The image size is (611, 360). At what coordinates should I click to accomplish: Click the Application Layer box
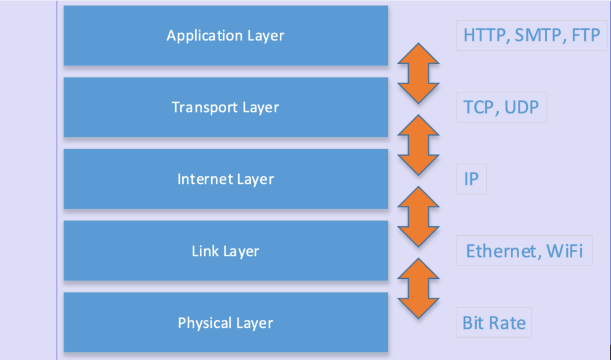[x=226, y=35]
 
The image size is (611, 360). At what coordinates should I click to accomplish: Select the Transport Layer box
[x=226, y=107]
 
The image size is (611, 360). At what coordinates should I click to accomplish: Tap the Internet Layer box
[x=226, y=179]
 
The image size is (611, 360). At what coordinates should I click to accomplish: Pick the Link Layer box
[x=226, y=251]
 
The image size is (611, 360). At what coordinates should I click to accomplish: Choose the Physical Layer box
[x=226, y=323]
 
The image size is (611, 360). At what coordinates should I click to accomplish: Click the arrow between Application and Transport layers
[x=418, y=73]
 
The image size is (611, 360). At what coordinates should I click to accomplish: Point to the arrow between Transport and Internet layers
[x=418, y=144]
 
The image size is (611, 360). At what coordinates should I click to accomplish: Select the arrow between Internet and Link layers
[x=418, y=216]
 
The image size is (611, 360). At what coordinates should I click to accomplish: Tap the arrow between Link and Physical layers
[x=418, y=288]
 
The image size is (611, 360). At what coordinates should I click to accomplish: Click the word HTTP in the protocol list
[x=484, y=35]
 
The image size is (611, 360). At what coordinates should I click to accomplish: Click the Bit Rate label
[x=494, y=323]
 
